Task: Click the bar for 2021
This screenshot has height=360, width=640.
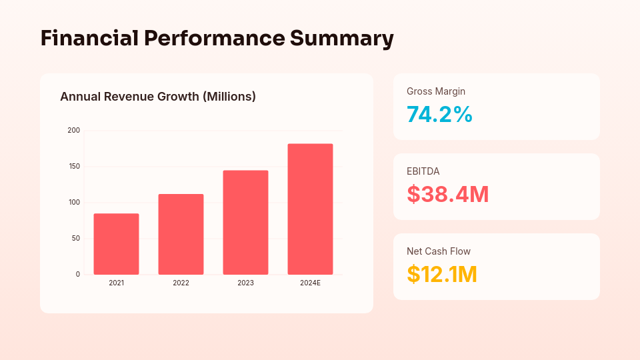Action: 116,244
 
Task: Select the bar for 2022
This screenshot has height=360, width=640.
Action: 181,234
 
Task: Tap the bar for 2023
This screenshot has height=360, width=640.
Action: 245,223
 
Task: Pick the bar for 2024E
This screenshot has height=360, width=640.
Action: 310,209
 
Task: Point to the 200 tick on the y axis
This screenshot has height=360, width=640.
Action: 74,130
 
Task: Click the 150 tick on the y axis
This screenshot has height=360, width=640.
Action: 74,166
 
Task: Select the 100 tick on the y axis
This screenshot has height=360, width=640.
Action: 74,202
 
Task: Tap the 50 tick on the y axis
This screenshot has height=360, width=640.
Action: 76,238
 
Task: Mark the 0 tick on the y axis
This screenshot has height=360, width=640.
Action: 78,274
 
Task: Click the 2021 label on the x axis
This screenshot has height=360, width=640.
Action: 116,283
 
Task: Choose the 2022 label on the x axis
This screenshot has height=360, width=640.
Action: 181,283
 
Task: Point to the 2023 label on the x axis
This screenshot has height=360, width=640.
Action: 245,283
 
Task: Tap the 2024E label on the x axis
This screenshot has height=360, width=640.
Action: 310,283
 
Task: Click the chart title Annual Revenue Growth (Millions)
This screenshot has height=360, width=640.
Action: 158,97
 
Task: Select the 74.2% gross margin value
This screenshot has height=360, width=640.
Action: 439,115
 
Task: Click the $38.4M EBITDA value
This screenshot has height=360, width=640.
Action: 447,194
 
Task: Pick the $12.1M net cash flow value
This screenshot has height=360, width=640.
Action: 441,274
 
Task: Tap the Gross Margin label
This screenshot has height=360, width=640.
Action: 436,91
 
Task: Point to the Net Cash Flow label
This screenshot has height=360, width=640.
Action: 439,251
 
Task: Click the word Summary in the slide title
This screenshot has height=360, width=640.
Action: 341,38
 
